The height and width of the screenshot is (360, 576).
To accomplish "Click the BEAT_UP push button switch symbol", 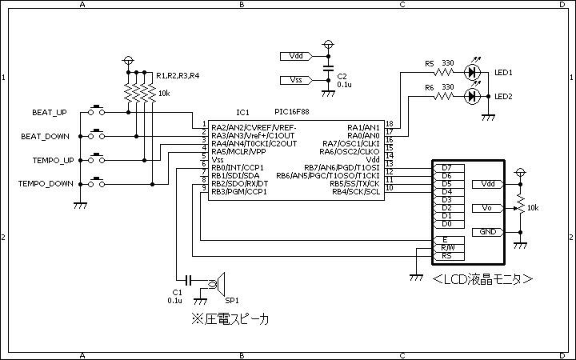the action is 96,110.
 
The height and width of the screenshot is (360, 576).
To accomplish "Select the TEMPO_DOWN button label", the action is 46,184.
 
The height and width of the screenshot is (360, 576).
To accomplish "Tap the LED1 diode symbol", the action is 472,72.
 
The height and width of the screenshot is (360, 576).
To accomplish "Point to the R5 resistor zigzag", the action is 443,72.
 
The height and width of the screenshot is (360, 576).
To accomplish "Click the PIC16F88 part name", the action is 292,112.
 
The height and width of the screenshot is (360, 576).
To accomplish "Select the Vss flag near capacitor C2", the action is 297,80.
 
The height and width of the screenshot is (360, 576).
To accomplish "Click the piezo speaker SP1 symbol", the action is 217,283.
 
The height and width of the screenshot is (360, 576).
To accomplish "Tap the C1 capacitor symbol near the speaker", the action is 189,281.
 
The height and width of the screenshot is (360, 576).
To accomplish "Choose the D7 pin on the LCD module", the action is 449,168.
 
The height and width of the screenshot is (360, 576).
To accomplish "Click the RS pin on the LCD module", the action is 449,256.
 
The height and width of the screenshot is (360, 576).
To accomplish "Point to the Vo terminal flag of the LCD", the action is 488,208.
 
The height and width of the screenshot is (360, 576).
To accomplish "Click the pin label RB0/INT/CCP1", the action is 238,168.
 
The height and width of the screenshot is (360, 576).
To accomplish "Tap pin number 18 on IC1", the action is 390,124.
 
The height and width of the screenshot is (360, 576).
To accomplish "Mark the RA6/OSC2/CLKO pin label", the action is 349,152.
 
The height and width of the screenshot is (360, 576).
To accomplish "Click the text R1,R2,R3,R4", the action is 178,76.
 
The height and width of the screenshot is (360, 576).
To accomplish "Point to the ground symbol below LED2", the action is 488,118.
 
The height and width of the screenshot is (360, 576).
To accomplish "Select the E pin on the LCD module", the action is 449,240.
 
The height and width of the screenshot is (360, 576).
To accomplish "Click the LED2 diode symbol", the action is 472,96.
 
